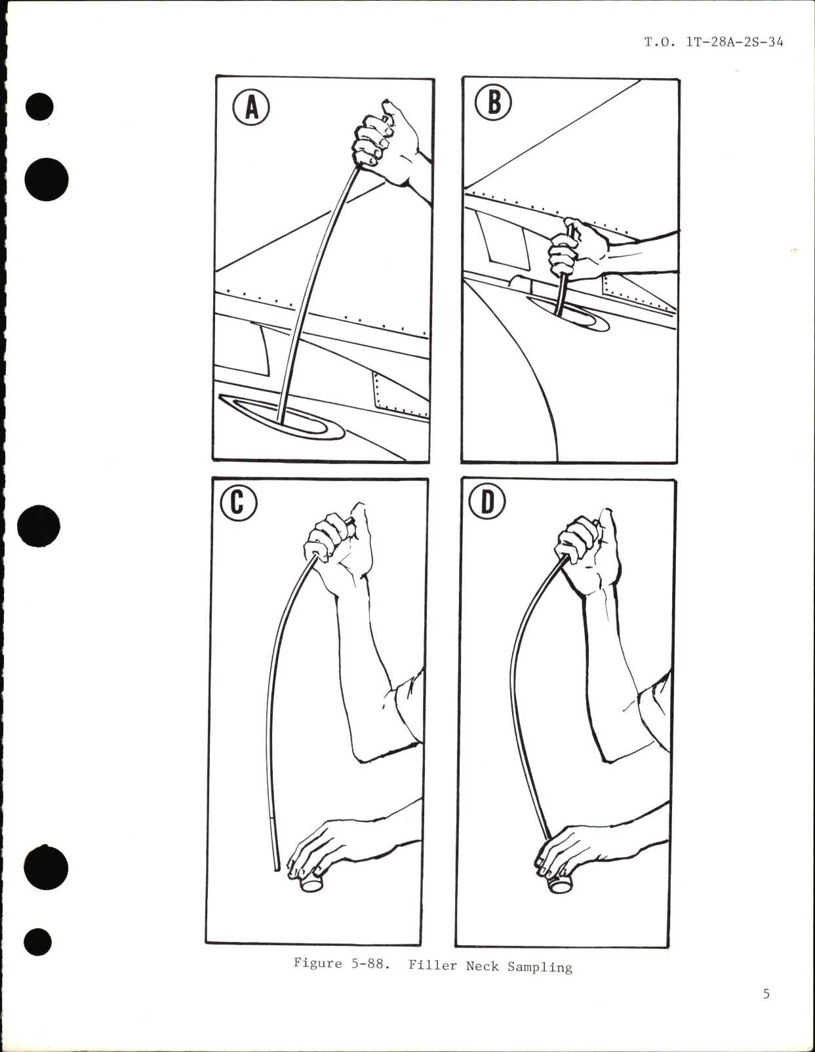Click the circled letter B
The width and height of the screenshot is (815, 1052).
tap(493, 103)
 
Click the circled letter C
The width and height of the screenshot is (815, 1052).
tap(238, 503)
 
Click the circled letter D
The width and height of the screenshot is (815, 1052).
tap(488, 503)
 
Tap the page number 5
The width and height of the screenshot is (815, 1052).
tap(766, 994)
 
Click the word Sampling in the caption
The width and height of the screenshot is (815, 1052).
tap(540, 966)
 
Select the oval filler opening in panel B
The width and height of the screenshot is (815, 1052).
tap(569, 314)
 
